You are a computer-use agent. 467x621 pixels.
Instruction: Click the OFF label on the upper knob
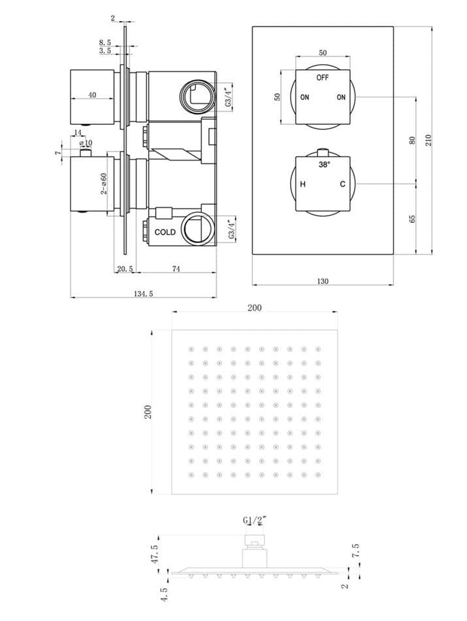coord(322,77)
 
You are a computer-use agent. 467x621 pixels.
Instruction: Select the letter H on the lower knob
coord(303,184)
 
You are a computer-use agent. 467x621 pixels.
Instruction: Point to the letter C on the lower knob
coord(342,184)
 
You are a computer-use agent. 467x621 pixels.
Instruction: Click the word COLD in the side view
coord(165,232)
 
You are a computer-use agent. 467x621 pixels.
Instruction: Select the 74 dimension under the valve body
coord(176,268)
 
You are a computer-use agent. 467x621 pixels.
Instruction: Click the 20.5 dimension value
coord(125,268)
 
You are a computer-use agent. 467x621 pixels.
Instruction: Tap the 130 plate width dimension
coord(322,281)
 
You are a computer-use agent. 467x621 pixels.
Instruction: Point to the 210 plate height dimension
coord(428,139)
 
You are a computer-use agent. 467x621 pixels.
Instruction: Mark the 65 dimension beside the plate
coord(412,218)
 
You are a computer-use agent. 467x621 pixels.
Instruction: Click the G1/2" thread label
coord(255,521)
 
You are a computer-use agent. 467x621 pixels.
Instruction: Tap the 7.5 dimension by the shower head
coord(355,550)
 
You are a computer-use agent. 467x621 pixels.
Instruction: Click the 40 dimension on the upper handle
coord(92,95)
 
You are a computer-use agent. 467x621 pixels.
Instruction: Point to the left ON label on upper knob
coord(304,97)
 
